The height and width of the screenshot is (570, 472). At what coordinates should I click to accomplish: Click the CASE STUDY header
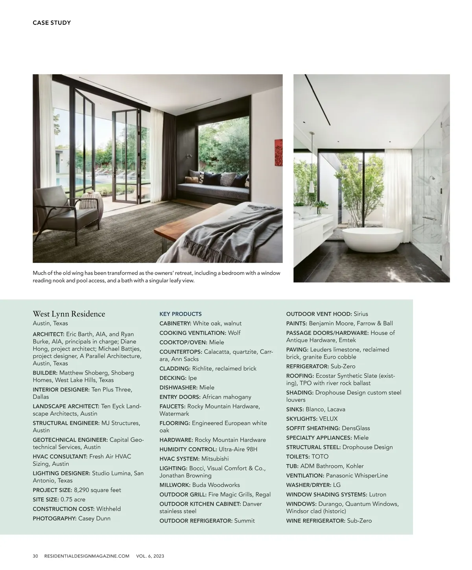[x=52, y=23]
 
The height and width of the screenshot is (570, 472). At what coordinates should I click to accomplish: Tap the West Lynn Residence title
[x=69, y=314]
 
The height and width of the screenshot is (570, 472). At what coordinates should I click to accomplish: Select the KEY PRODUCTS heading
[x=181, y=314]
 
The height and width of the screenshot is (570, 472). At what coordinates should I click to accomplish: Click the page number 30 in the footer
[x=35, y=556]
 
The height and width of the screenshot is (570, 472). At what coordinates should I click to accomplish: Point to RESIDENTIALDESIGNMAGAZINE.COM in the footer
[x=87, y=556]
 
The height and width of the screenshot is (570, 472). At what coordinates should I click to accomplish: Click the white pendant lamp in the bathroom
[x=311, y=185]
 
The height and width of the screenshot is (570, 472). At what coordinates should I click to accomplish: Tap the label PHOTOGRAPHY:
[x=55, y=519]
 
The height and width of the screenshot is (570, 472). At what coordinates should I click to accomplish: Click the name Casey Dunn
[x=94, y=519]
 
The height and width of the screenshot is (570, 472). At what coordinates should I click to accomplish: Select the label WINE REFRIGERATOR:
[x=316, y=521]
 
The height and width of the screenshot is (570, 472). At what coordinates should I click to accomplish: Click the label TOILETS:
[x=298, y=457]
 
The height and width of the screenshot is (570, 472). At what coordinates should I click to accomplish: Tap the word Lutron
[x=378, y=495]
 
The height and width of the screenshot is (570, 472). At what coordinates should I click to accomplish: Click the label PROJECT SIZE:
[x=52, y=490]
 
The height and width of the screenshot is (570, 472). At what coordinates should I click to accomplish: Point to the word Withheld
[x=109, y=509]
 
